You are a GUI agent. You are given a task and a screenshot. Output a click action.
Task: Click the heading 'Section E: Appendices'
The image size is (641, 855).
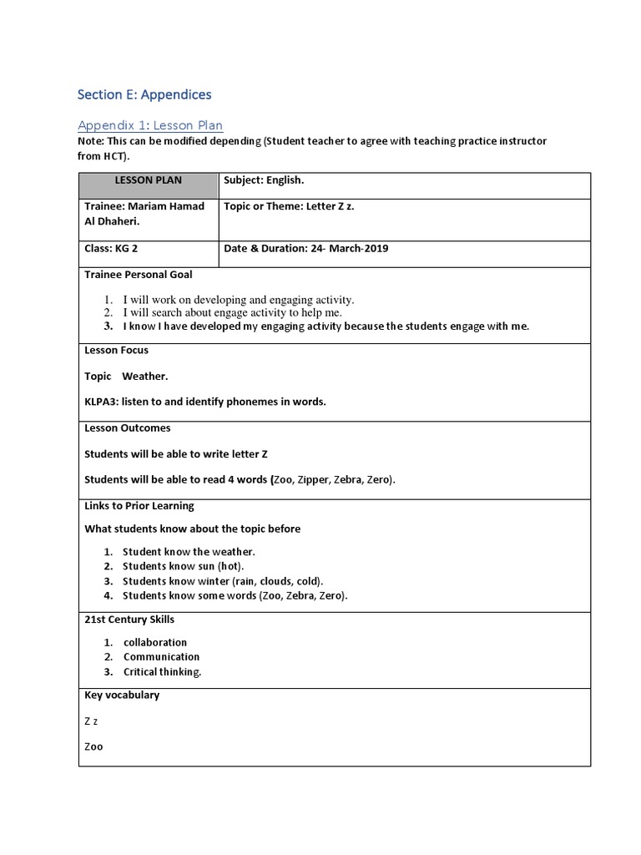pos(144,94)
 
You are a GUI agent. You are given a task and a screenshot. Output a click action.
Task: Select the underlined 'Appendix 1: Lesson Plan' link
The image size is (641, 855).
pos(150,125)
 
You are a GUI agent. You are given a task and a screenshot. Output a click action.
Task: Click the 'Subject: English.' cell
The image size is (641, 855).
pos(264,180)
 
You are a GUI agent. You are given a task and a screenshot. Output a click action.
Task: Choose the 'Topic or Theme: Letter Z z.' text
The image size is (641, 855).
pos(289,206)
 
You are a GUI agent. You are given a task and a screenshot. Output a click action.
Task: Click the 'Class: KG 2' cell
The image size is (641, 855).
pos(111,248)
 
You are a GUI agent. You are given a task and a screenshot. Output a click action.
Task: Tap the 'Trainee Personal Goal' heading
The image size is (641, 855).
pos(139,275)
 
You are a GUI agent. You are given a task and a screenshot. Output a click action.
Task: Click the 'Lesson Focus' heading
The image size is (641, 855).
pos(117,351)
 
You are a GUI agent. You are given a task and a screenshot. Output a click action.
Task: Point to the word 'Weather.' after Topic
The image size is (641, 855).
pos(145,377)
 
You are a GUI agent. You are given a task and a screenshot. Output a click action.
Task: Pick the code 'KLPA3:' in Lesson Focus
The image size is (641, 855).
pos(102,402)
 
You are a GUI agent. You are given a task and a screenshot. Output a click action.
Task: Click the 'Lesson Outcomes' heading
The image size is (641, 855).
pos(128,428)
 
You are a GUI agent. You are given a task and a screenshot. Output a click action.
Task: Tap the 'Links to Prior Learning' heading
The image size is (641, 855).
pos(139,506)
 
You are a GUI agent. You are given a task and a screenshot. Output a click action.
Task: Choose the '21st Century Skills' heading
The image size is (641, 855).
pos(129,620)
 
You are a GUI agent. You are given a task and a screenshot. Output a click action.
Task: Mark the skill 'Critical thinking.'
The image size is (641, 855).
pos(163,671)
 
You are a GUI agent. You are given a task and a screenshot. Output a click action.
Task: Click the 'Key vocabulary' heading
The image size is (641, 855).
pos(122,696)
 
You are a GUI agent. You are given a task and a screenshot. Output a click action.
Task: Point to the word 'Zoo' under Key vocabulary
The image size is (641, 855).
pos(94,746)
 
